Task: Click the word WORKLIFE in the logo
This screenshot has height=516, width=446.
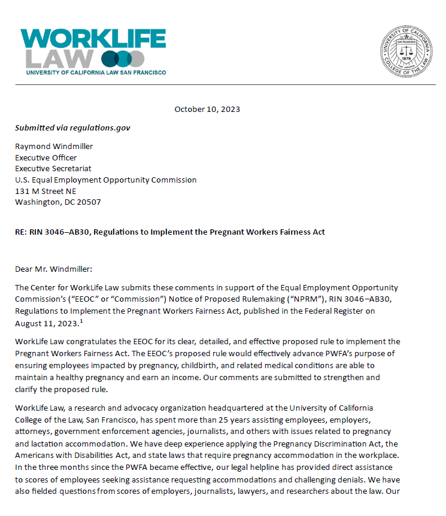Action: click(x=93, y=39)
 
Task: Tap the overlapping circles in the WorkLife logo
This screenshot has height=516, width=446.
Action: click(x=123, y=59)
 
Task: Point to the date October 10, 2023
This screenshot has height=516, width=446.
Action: click(x=207, y=110)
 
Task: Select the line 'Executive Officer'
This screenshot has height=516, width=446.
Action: click(x=46, y=157)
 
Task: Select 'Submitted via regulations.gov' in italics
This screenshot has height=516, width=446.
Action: click(x=72, y=128)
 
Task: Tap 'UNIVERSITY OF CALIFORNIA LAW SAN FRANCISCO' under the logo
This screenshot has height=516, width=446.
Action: click(x=96, y=72)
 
